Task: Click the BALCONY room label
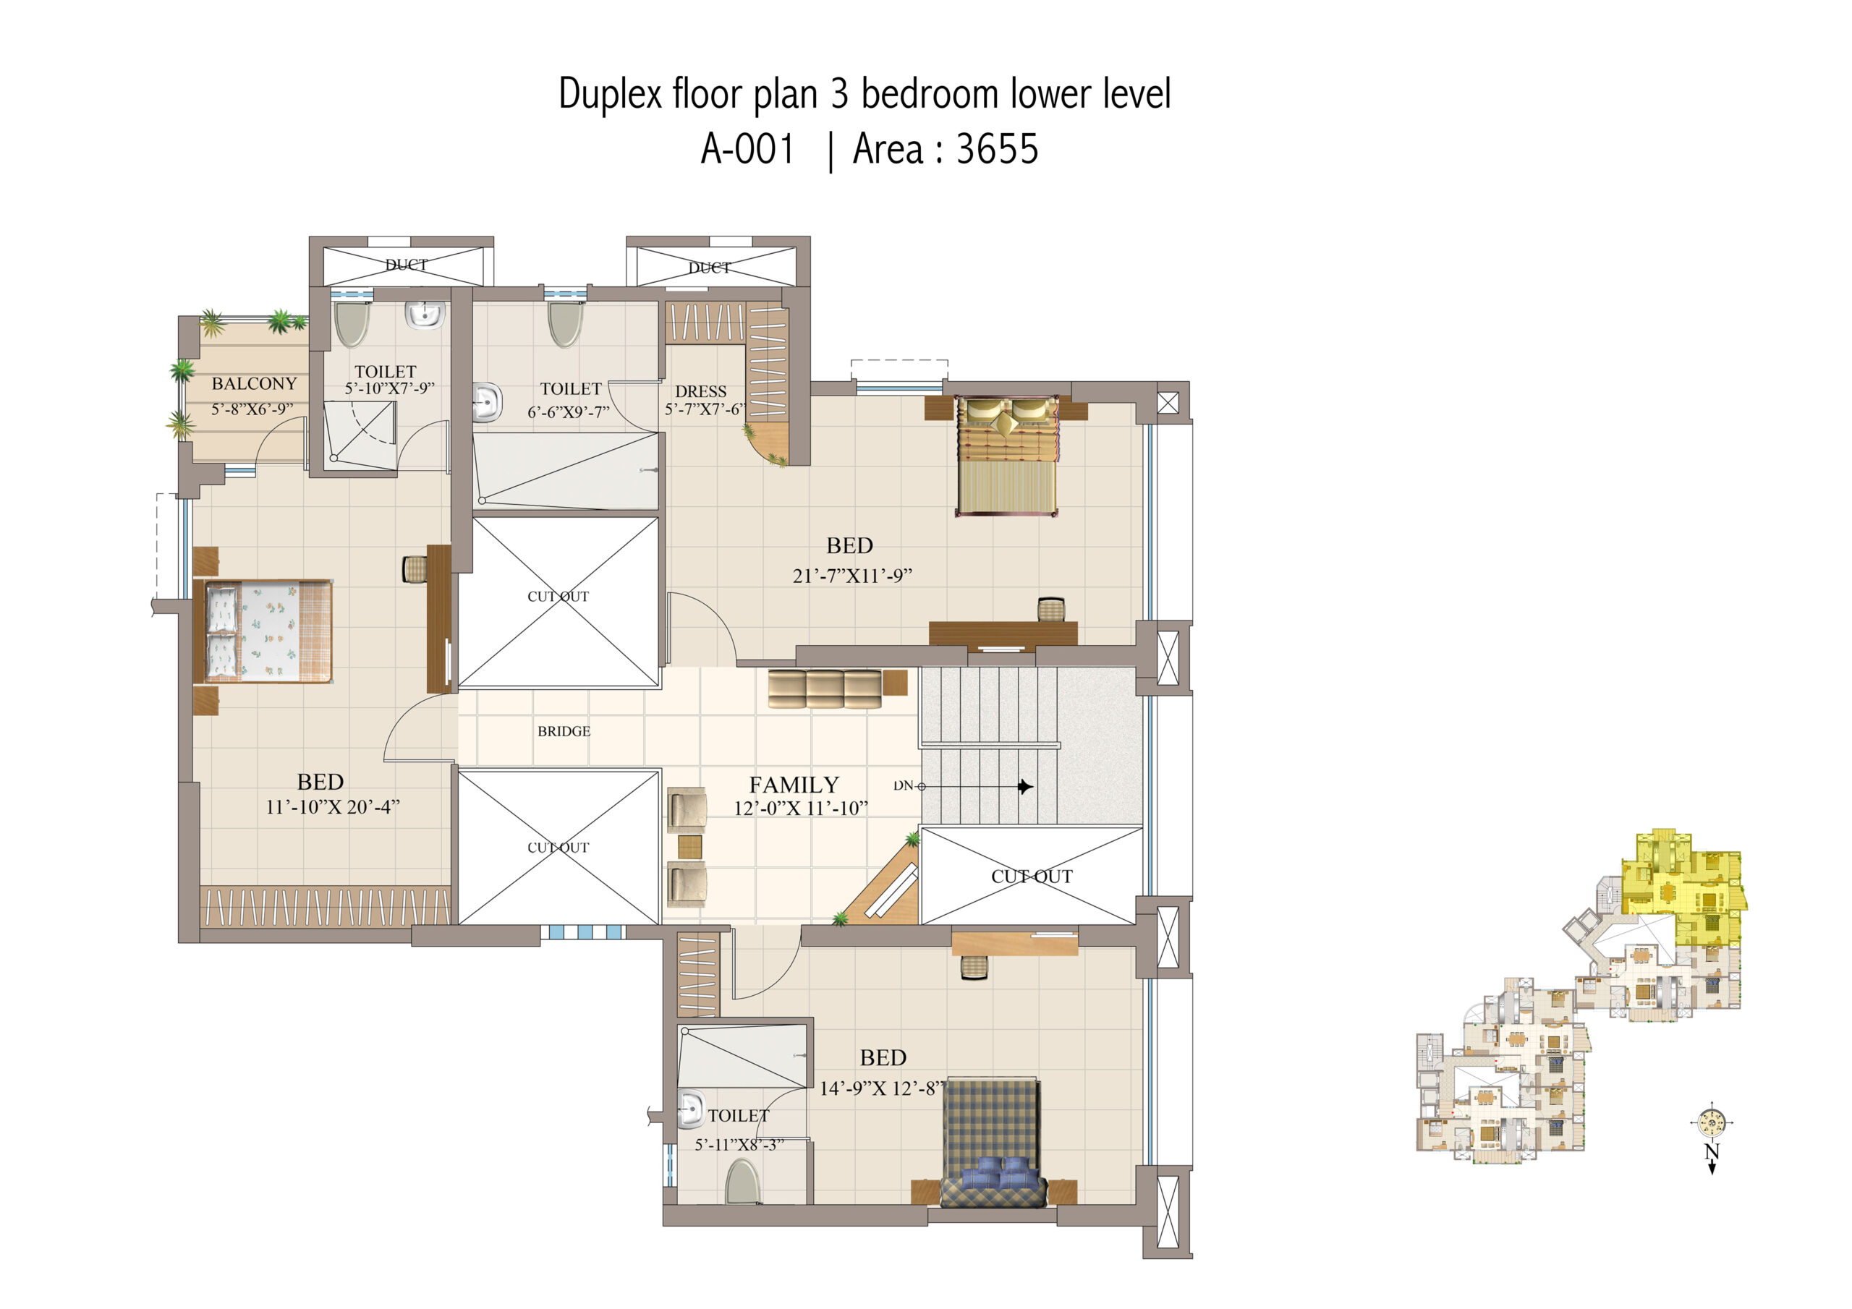254,384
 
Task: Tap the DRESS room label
701,391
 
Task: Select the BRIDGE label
564,732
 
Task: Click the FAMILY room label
794,785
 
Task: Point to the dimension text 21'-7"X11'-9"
851,576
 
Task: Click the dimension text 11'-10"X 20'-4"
332,807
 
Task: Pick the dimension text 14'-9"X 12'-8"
881,1089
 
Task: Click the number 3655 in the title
997,149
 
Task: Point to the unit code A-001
748,149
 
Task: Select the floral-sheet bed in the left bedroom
263,631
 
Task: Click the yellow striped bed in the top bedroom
1006,455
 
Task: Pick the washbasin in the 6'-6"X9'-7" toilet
486,402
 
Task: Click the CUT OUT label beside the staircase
1032,877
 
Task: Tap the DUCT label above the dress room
709,268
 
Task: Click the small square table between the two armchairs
689,847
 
